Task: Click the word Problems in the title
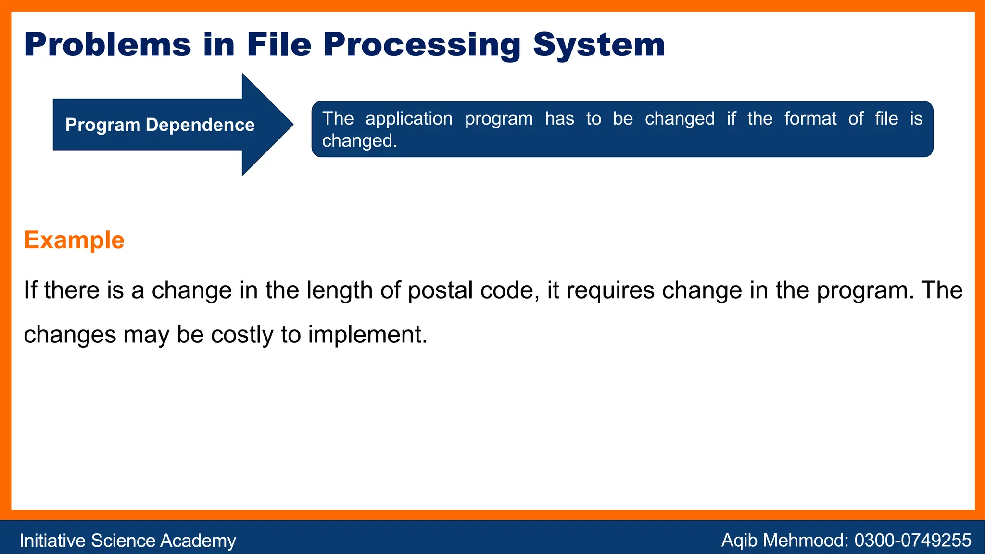point(108,45)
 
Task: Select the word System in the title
point(599,45)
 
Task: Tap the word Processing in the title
point(422,45)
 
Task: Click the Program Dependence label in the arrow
point(160,125)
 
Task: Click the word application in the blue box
point(409,119)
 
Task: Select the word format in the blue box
point(810,119)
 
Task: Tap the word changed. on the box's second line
point(359,141)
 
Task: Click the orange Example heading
point(74,240)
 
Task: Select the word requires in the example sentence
point(610,291)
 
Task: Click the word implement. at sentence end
point(367,335)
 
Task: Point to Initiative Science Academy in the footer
point(127,541)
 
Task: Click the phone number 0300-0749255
point(912,541)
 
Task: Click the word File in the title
point(279,45)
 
